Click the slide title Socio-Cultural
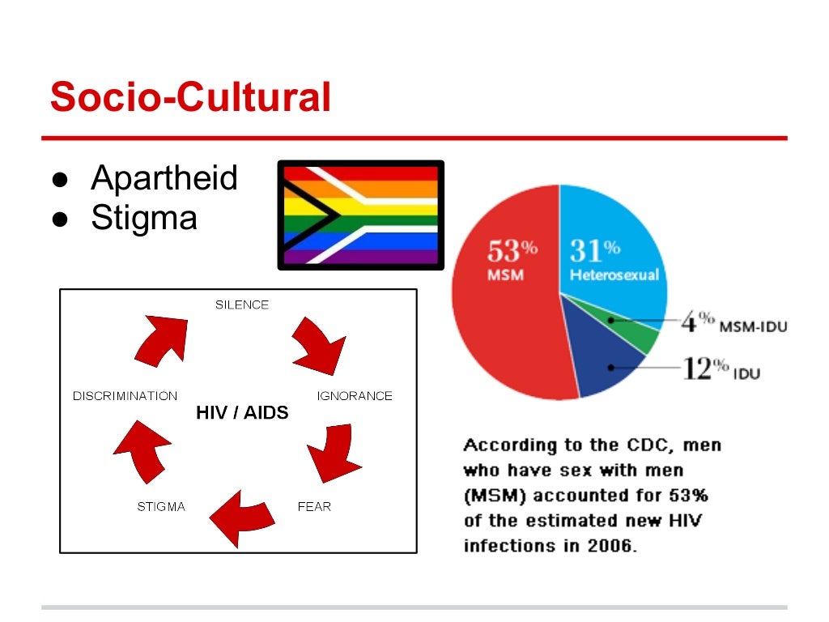pos(190,98)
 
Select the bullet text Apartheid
pos(164,178)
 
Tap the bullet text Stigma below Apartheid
pos(144,217)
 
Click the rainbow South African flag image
pos(360,215)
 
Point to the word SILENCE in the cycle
pos(242,305)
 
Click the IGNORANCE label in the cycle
pos(355,396)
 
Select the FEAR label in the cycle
pos(314,507)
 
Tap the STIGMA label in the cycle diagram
pos(161,507)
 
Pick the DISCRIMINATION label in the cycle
pos(125,396)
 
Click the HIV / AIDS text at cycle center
pos(242,413)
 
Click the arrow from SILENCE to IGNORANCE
pos(318,344)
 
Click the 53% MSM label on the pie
pos(507,259)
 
